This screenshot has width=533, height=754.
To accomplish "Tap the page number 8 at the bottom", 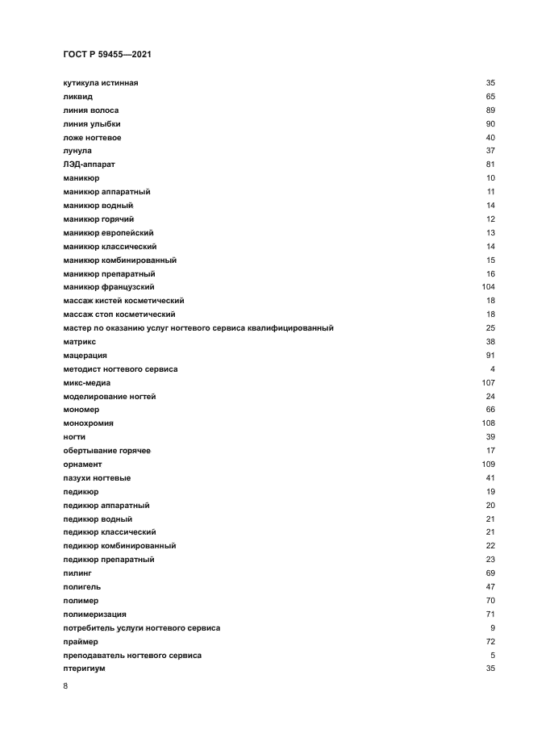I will point(65,686).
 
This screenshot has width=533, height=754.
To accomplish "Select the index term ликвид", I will point(77,97).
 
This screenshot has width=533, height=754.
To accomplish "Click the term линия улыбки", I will point(92,124).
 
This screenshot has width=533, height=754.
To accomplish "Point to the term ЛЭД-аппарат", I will point(89,165).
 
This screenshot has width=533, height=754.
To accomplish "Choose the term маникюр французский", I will point(109,287).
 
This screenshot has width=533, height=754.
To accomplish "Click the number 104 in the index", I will point(488,287).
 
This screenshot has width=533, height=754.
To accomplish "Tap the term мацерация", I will point(85,356).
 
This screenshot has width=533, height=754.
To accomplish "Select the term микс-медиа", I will point(86,382).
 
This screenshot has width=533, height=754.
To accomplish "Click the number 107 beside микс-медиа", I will point(488,382).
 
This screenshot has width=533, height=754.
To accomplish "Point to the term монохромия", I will point(88,423).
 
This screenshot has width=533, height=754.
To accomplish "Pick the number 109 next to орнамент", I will point(488,464).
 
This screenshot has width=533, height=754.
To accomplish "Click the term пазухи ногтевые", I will point(97,478).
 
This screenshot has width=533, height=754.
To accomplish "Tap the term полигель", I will point(81,587).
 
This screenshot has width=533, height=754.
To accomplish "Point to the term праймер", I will point(80,642).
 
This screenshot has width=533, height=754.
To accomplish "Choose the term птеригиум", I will point(84,669).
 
